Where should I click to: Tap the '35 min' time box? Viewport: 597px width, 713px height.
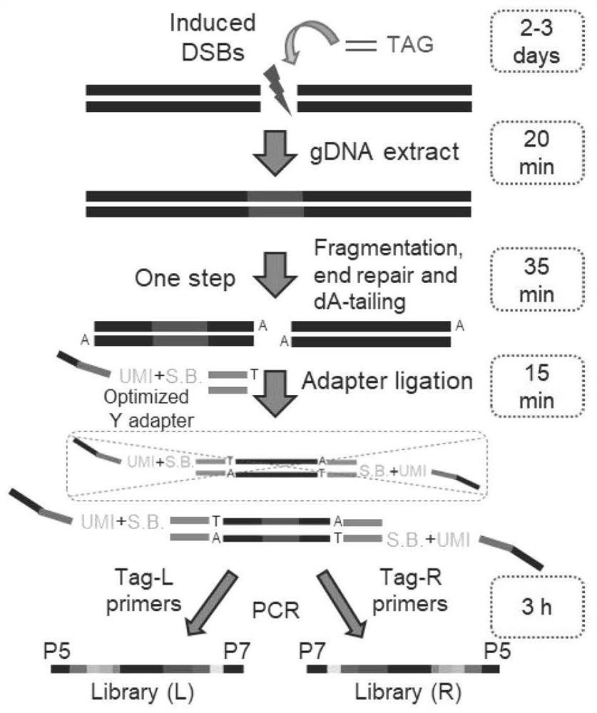click(541, 268)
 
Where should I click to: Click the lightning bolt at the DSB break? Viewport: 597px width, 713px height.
click(279, 89)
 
